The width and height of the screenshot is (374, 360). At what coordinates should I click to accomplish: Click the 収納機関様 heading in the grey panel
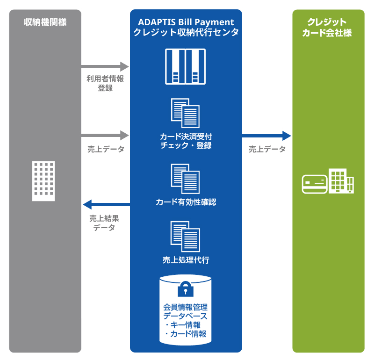coord(45,22)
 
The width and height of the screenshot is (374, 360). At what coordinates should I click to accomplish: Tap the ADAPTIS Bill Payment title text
coord(186,22)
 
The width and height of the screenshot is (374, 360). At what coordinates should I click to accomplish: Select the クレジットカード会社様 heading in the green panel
coord(328,27)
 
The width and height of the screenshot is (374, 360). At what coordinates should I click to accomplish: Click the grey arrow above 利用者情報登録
coord(105,66)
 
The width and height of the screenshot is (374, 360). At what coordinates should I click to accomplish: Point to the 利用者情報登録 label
coord(105,83)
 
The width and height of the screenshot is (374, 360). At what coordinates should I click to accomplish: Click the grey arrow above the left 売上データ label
coord(105,136)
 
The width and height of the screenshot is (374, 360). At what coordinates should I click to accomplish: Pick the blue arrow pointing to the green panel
coord(266,136)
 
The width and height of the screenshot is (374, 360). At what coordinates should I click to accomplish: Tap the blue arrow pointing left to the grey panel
coord(106,204)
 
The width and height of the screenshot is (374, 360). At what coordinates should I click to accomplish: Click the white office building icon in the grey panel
coord(43,180)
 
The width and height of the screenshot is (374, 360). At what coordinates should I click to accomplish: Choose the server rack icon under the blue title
coord(185,66)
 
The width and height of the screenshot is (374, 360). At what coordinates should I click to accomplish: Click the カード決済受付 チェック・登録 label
coord(186,141)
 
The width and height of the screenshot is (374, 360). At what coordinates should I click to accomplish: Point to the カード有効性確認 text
coord(186,202)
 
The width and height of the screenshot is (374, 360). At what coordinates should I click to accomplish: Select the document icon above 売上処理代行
coord(186,236)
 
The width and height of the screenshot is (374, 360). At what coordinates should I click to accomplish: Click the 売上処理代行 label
coord(186,260)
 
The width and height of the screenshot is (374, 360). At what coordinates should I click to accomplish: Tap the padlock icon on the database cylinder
coord(185,288)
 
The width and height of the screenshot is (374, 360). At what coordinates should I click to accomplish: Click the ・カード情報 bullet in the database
coord(185,334)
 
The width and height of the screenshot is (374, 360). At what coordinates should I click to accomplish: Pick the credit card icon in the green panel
coord(314,184)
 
